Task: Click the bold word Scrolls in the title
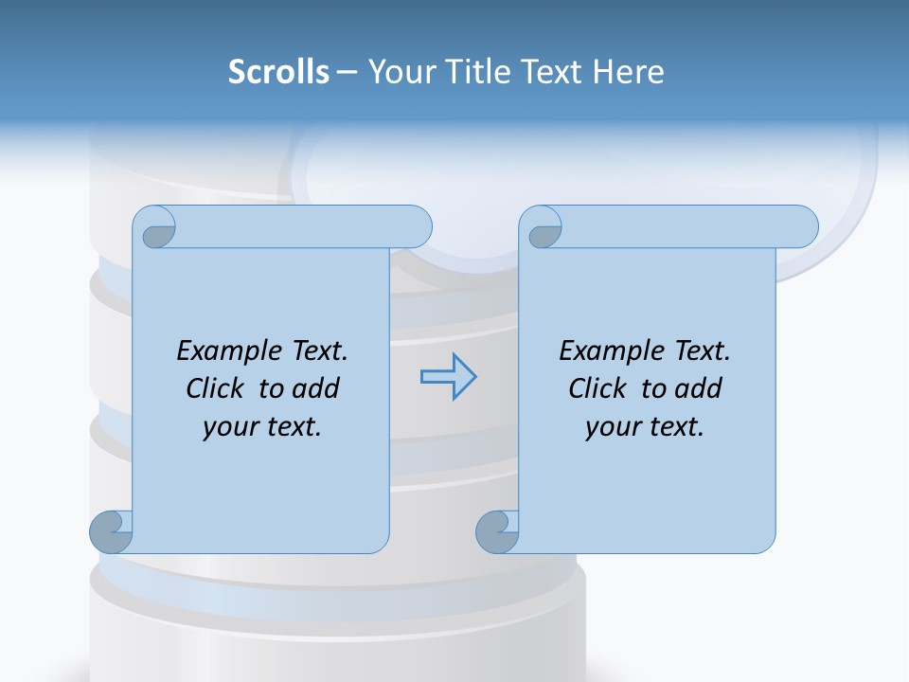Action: coord(278,72)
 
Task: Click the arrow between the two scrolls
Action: coord(448,377)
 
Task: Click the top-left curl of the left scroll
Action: coord(155,228)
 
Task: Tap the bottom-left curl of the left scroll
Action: coord(112,531)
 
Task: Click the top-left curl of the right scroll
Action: coord(542,228)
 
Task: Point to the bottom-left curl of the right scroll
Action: coord(498,531)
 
